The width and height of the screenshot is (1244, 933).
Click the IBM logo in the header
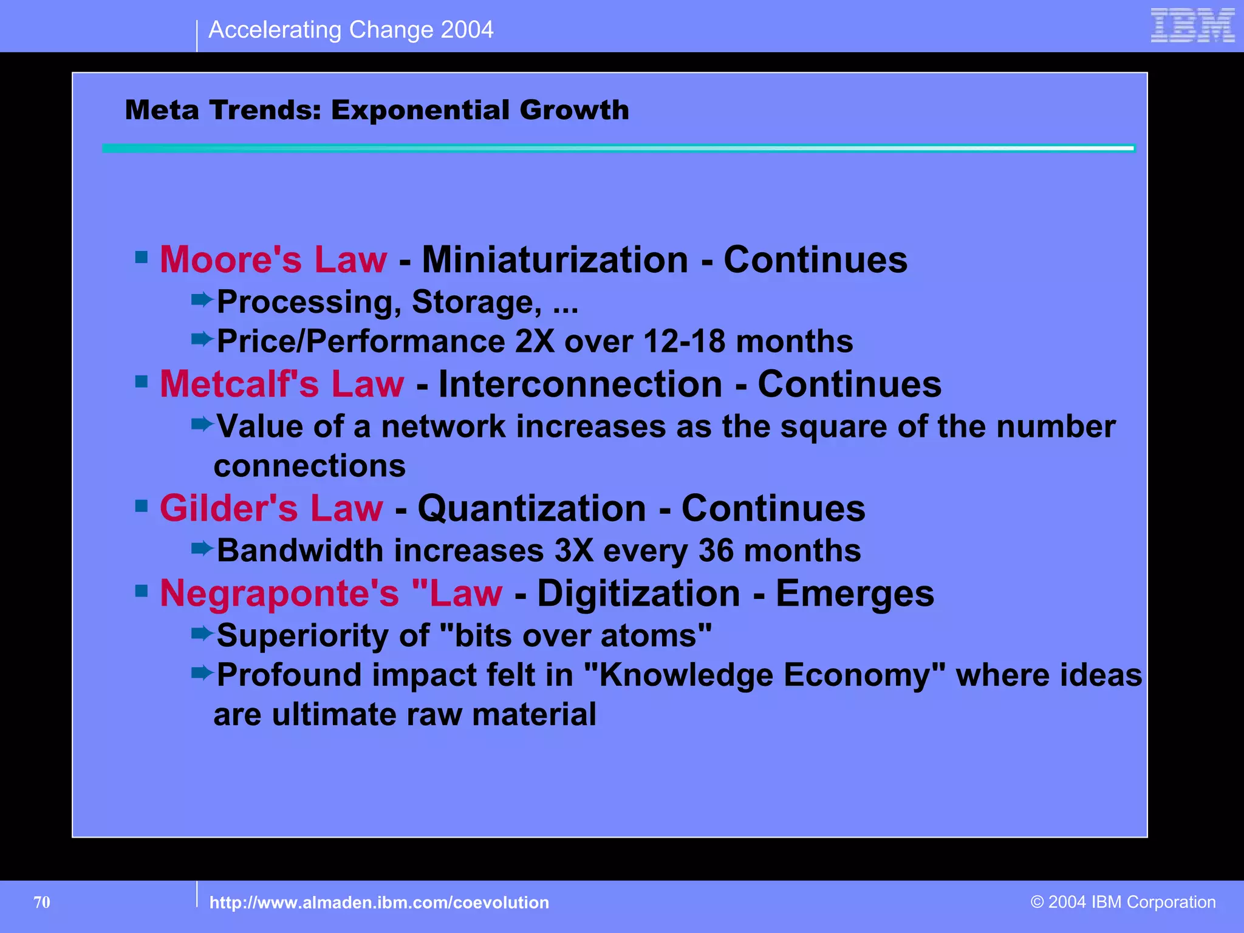[1192, 26]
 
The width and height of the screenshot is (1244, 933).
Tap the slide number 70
[42, 902]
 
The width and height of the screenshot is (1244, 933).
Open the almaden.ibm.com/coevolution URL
[379, 903]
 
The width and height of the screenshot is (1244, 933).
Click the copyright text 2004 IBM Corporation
[1123, 902]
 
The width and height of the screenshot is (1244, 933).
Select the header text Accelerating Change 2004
[350, 30]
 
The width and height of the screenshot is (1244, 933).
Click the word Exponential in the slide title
[420, 111]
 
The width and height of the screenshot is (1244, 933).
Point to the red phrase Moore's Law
[273, 260]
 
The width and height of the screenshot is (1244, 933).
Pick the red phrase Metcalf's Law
[282, 384]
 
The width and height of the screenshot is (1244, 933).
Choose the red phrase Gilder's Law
[272, 508]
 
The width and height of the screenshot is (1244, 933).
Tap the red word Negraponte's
[279, 593]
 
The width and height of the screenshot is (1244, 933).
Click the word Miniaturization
[555, 260]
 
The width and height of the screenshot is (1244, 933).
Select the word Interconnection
[581, 384]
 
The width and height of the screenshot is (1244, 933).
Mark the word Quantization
[531, 508]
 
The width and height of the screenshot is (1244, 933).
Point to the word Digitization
[638, 593]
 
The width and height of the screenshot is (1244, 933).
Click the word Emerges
[855, 593]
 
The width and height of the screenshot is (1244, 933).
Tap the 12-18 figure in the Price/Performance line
[684, 341]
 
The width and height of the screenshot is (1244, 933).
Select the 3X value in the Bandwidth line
[573, 551]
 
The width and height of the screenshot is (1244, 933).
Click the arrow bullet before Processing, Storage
[202, 299]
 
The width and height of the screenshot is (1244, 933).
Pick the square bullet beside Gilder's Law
[142, 505]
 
